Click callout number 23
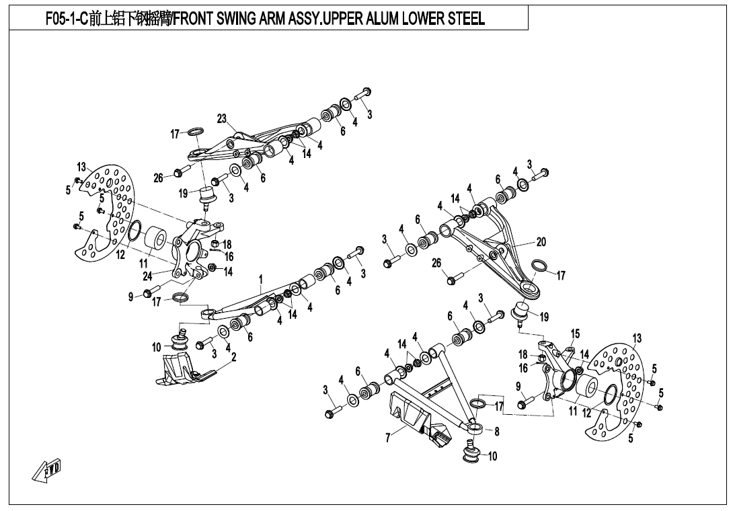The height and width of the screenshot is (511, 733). coord(222,118)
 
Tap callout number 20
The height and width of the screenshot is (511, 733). coord(541,241)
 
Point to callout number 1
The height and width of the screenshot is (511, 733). coord(260,279)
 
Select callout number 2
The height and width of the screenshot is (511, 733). coord(233,358)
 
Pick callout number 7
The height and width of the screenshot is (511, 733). coord(388,438)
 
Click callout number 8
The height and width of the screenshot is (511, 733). coord(496,431)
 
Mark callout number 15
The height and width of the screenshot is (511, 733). coord(575,334)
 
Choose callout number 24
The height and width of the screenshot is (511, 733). coord(147,275)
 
